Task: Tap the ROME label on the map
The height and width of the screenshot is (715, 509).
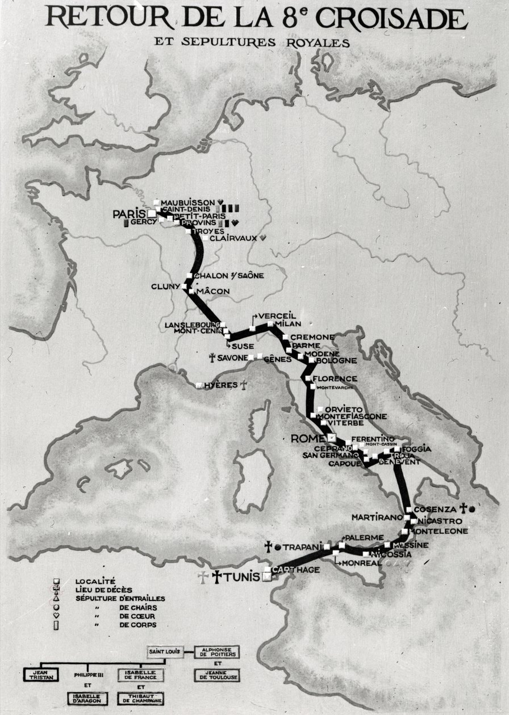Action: (x=307, y=438)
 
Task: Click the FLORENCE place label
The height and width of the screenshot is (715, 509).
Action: (x=335, y=378)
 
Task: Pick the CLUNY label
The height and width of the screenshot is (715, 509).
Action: (x=165, y=287)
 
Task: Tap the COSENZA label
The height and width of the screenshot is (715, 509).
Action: (x=435, y=509)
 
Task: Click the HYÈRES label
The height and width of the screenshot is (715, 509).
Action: (x=220, y=385)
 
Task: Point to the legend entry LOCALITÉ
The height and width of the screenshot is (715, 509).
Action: (x=95, y=581)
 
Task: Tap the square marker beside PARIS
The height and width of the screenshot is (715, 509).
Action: (x=151, y=214)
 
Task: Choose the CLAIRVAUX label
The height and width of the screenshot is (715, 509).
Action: (x=233, y=238)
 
